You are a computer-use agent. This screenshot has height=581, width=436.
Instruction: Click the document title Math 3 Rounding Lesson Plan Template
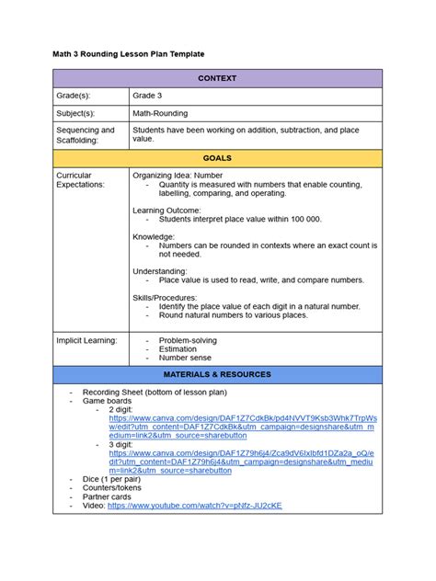click(x=128, y=55)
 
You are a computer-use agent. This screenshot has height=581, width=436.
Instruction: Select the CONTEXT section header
click(x=217, y=79)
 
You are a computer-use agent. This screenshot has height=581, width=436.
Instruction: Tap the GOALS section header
click(x=217, y=158)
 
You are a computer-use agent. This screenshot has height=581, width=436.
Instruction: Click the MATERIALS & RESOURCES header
click(x=217, y=375)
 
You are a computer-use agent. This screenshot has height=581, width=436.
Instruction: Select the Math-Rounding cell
click(x=160, y=113)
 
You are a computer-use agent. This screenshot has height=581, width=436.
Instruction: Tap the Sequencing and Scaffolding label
click(x=86, y=134)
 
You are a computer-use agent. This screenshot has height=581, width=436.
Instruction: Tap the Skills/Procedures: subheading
click(x=166, y=297)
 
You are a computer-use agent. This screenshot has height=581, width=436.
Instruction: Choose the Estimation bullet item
click(x=178, y=349)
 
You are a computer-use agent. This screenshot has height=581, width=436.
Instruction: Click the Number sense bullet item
click(x=185, y=358)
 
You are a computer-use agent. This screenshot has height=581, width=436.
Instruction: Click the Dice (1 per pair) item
click(x=117, y=480)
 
